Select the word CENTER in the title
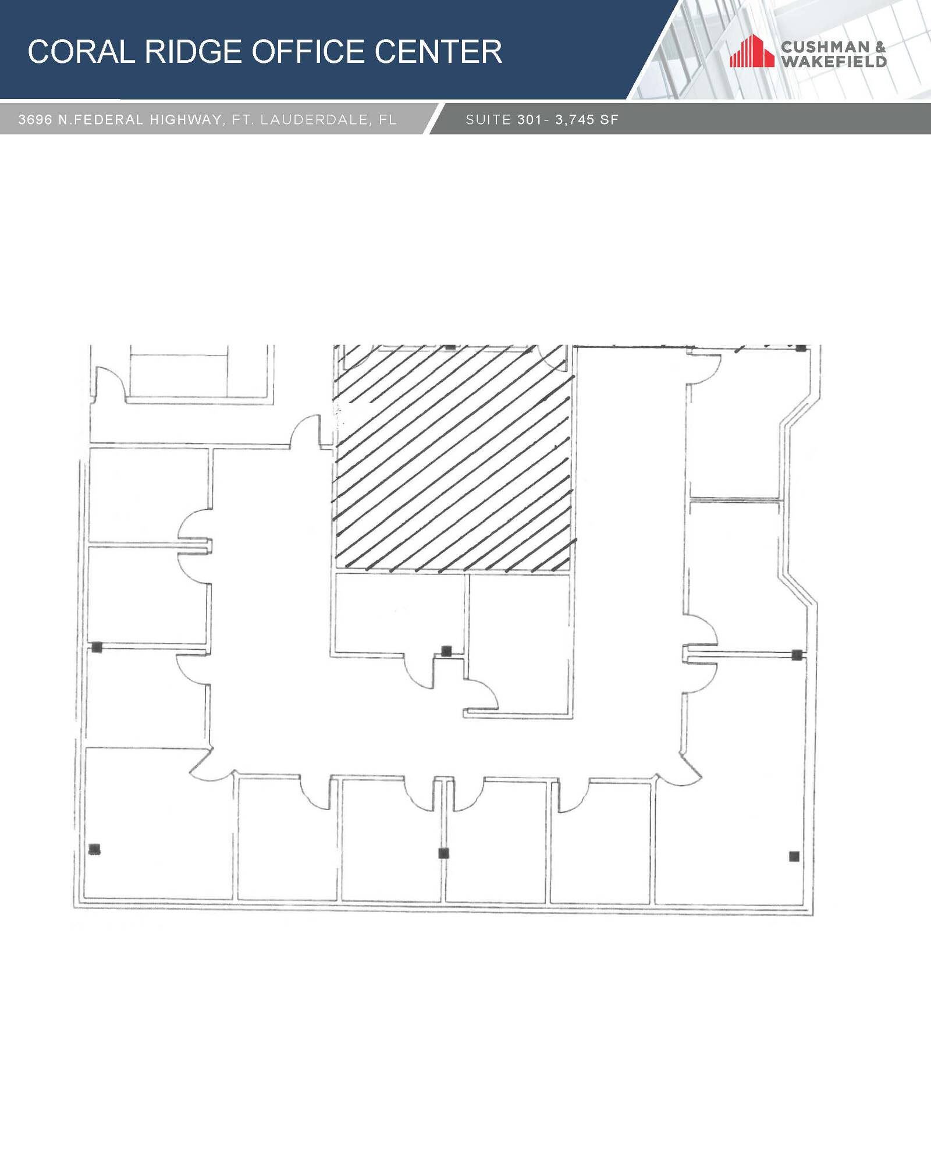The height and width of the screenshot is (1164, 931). (x=438, y=52)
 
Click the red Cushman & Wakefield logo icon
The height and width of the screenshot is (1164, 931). (x=752, y=51)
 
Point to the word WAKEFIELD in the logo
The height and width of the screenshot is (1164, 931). (x=834, y=61)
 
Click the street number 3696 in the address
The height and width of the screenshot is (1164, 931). (x=35, y=120)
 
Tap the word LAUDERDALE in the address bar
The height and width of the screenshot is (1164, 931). (x=314, y=120)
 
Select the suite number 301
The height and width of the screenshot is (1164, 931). (x=528, y=120)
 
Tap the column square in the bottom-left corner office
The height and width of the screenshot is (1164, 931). (x=94, y=849)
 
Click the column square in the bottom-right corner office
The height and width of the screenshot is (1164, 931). (x=794, y=856)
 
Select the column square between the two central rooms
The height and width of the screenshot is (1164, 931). (x=446, y=651)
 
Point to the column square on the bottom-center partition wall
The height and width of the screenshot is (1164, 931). (x=443, y=854)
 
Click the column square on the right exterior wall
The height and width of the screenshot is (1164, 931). (x=797, y=655)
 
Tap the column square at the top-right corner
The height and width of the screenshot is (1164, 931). (x=801, y=348)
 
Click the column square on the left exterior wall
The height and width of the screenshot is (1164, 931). (x=97, y=647)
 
